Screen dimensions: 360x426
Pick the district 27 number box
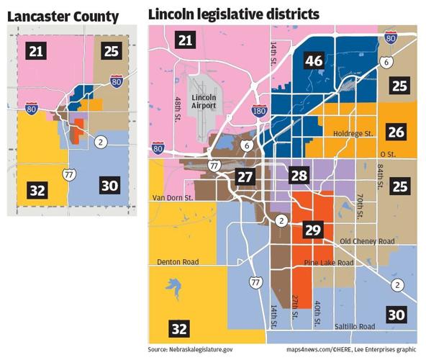(x=245, y=177)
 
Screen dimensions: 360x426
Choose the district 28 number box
(x=299, y=175)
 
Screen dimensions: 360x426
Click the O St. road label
(x=388, y=153)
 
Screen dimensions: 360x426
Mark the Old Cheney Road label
(x=367, y=240)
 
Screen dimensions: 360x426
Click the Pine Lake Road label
(x=328, y=264)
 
